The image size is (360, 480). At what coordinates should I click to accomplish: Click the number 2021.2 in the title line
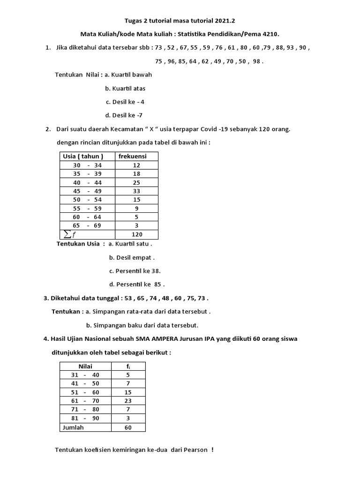(x=226, y=21)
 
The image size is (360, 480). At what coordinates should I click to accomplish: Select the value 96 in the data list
(x=170, y=61)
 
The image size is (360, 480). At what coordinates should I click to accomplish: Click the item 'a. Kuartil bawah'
(x=128, y=75)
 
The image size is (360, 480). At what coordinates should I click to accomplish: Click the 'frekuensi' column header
(x=133, y=156)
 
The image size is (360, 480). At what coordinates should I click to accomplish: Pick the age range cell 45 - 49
(x=87, y=191)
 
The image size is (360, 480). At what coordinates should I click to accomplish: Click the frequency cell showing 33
(x=136, y=191)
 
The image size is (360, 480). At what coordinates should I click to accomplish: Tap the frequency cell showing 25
(x=136, y=182)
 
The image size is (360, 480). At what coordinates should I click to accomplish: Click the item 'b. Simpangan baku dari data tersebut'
(x=142, y=325)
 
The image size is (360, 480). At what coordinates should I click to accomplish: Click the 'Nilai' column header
(x=85, y=366)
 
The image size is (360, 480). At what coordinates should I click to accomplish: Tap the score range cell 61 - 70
(x=85, y=401)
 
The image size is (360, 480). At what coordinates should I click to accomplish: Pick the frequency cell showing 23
(x=128, y=401)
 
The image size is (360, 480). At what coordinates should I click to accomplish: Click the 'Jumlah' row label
(x=71, y=427)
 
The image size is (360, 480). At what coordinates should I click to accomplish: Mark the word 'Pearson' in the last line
(x=195, y=450)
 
